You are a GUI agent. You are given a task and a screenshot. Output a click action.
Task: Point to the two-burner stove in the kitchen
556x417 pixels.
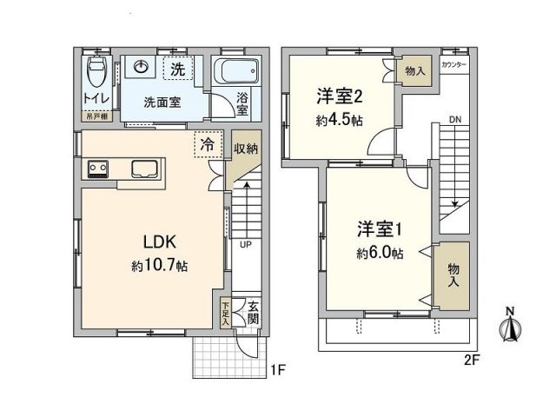tap(96, 168)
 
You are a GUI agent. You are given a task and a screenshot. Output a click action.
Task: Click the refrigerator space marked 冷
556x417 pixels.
tap(208, 146)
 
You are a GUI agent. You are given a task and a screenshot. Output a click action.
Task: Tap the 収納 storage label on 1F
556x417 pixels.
tap(245, 149)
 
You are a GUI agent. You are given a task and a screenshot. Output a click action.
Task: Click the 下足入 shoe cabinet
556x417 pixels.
tap(226, 313)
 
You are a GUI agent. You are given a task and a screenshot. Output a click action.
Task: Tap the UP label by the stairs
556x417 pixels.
tap(246, 244)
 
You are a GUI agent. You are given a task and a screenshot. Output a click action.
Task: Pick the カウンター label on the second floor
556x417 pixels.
tap(454, 66)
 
